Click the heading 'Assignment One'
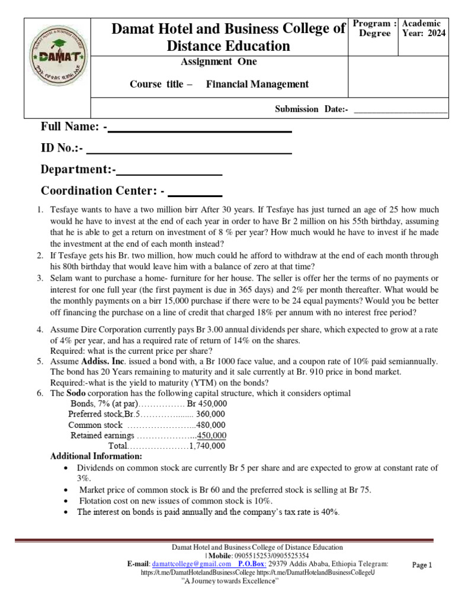click(219, 62)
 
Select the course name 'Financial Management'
click(257, 84)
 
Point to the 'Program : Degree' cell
click(374, 28)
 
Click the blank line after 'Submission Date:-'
click(400, 109)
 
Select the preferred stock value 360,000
click(210, 414)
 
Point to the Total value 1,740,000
click(207, 446)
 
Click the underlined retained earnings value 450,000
click(212, 436)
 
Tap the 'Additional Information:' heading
click(96, 457)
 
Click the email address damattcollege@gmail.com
click(191, 565)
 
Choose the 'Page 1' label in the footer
click(422, 565)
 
